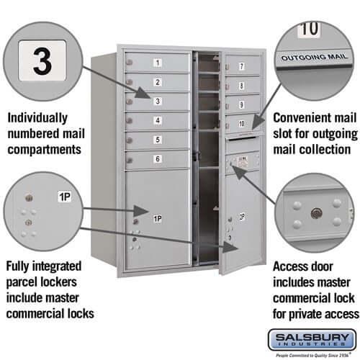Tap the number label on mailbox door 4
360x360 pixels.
click(x=157, y=120)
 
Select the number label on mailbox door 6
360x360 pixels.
click(x=157, y=158)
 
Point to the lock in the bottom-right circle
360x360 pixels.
click(x=315, y=213)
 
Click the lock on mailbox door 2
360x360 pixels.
click(x=129, y=83)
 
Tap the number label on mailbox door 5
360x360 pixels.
click(x=157, y=139)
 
